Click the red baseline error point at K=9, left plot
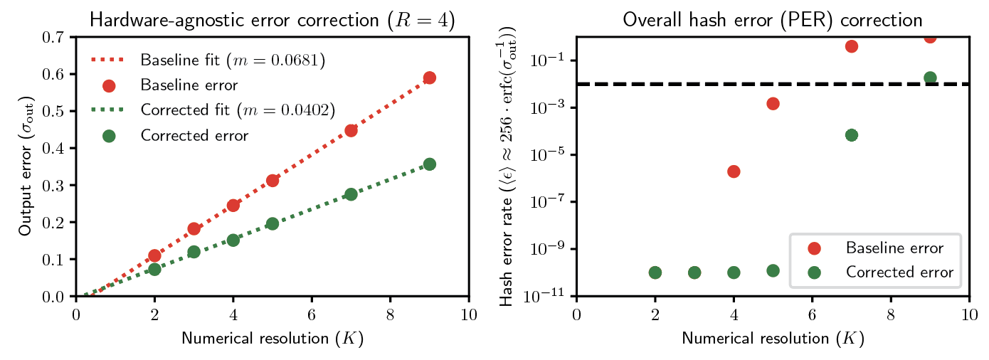click(429, 78)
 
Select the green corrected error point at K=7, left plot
click(351, 194)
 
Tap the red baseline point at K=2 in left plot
click(154, 255)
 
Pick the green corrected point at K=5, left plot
click(272, 223)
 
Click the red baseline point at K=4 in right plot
click(734, 171)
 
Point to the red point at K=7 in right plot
click(852, 46)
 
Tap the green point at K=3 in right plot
click(694, 272)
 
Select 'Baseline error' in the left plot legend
click(189, 85)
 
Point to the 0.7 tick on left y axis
click(58, 37)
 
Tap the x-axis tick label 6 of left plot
click(312, 312)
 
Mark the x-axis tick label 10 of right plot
click(968, 312)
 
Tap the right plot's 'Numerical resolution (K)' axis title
click(772, 339)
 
